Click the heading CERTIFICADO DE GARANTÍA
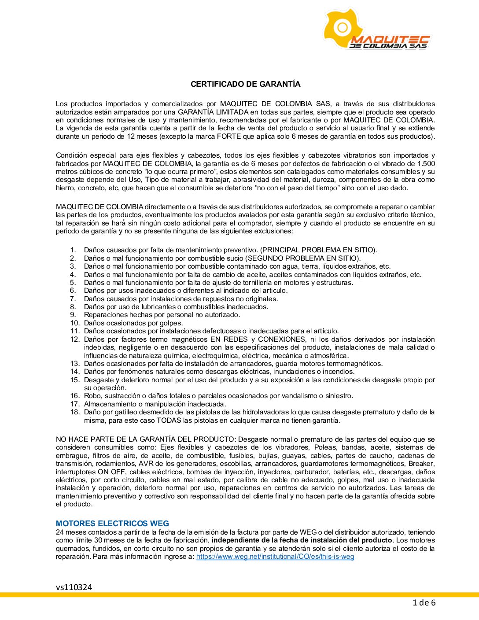point(245,84)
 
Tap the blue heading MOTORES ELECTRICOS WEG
point(112,524)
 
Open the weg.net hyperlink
point(275,557)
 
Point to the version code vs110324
point(74,587)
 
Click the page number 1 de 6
point(424,603)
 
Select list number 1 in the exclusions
point(73,250)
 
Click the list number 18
point(75,412)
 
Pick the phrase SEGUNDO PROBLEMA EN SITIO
point(303,258)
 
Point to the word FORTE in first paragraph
point(229,137)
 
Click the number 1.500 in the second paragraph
point(425,164)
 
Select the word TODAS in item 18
point(169,421)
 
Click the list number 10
point(75,323)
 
